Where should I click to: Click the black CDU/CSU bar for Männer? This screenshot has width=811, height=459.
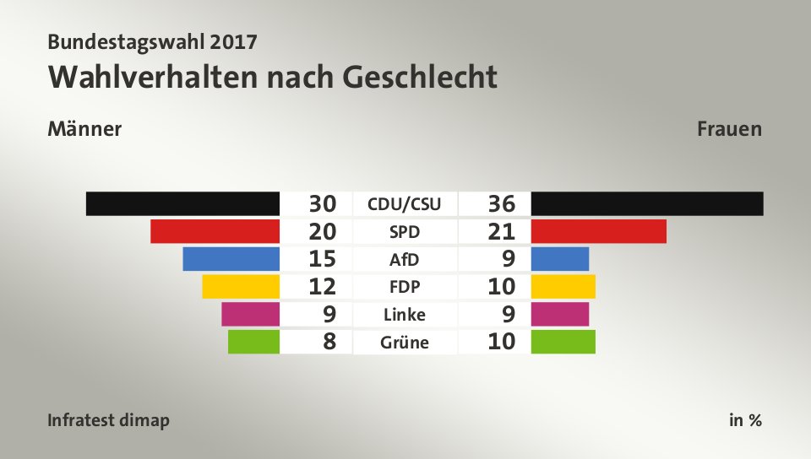point(182,203)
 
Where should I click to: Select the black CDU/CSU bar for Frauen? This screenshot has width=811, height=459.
point(647,203)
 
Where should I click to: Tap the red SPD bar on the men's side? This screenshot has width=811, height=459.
point(215,231)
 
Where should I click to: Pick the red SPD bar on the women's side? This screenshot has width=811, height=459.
point(599,231)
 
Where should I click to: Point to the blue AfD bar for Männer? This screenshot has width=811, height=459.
point(231,259)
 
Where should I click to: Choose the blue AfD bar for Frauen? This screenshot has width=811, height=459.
point(560,259)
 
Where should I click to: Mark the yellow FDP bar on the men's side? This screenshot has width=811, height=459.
point(241,287)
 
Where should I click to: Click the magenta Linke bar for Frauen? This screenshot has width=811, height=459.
point(560,314)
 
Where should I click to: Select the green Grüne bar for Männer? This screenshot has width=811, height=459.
point(253,342)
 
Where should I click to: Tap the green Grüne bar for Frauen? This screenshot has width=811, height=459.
point(563,342)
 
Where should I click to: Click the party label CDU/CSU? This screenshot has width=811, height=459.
point(405,203)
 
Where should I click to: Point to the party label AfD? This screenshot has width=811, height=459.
point(405,259)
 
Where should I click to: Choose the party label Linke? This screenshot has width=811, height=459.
point(405,315)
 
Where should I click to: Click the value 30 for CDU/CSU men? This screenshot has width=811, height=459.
point(323,203)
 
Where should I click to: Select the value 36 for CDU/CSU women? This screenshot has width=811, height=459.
point(501,203)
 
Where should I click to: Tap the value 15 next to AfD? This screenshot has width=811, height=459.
point(323,259)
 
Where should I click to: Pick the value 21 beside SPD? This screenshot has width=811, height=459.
point(501,231)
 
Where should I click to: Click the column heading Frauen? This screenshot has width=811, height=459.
point(730,129)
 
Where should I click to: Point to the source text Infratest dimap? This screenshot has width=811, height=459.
point(108,420)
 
